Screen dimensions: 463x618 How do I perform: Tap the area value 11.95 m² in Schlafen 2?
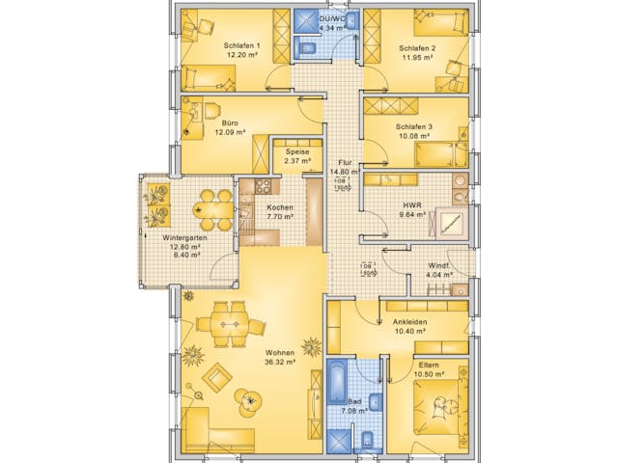pyautogui.click(x=416, y=57)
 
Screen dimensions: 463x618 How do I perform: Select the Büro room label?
pyautogui.click(x=230, y=124)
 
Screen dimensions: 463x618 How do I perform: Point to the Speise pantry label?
pyautogui.click(x=297, y=151)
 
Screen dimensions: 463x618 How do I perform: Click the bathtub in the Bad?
pyautogui.click(x=337, y=382)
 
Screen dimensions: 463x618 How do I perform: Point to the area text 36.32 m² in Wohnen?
pyautogui.click(x=280, y=364)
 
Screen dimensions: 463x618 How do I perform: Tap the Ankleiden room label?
pyautogui.click(x=410, y=322)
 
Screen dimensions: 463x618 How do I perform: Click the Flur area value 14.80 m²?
pyautogui.click(x=345, y=173)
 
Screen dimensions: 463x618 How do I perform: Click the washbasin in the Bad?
pyautogui.click(x=376, y=402)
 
